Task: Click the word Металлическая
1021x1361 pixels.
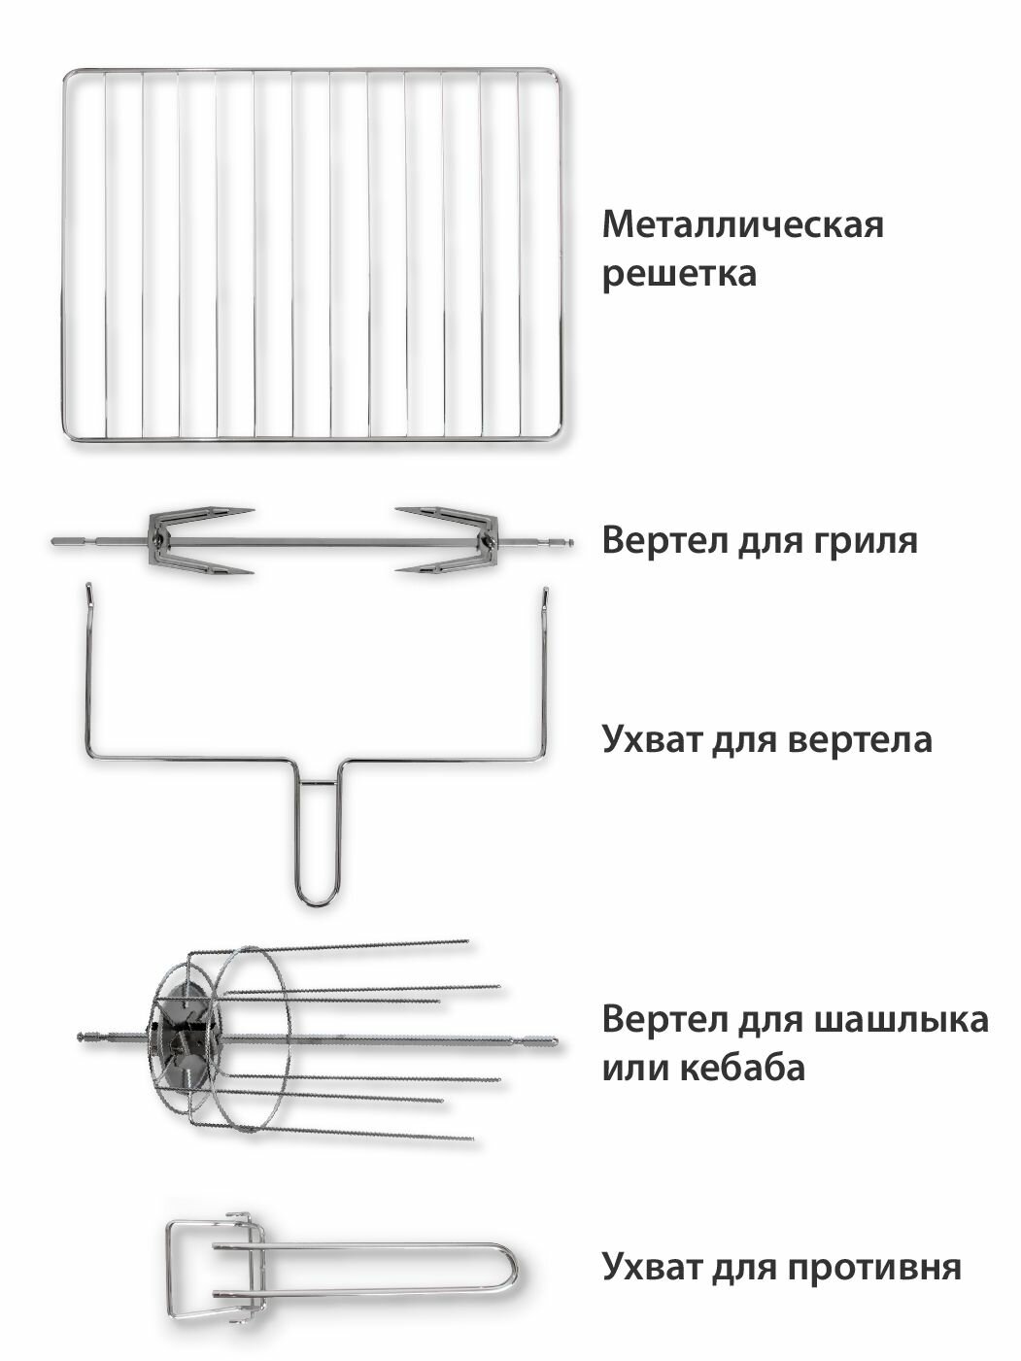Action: click(x=743, y=225)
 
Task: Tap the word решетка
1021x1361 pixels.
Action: click(x=678, y=273)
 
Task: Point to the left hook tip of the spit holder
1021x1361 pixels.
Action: click(x=86, y=589)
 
